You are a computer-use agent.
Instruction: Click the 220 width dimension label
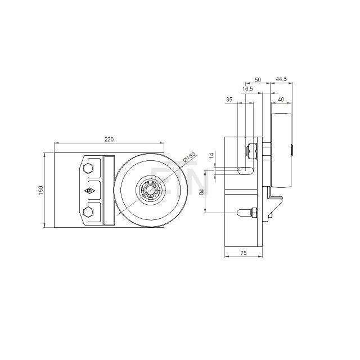pos(110,140)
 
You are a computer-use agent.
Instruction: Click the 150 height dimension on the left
pos(40,191)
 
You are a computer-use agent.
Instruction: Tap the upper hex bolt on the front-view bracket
pos(88,169)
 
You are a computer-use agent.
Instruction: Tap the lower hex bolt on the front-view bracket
pos(88,211)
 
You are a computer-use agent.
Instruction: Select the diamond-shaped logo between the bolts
pos(90,191)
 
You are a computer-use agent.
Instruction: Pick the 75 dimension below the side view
pos(243,254)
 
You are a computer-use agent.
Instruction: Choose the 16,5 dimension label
pos(248,89)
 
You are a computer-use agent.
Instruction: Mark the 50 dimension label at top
pos(258,80)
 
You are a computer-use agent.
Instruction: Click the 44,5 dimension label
pos(281,80)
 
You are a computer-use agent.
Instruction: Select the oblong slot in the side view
pos(246,170)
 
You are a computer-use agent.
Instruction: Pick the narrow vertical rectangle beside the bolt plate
pos(109,190)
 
